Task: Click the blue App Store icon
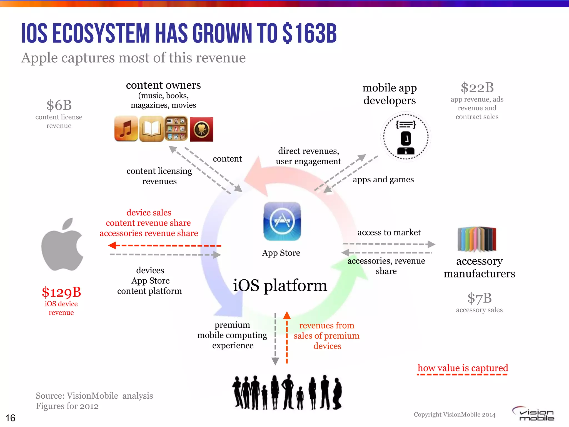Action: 282,221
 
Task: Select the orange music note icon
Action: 126,129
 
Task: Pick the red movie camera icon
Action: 201,130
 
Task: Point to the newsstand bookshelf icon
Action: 176,128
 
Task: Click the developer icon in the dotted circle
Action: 406,137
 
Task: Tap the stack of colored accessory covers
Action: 477,239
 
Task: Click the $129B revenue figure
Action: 61,292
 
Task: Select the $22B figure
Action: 477,88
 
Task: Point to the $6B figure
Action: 59,105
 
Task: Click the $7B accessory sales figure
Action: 479,298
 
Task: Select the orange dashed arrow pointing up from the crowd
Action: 287,338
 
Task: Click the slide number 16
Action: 11,418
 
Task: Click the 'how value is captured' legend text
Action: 463,368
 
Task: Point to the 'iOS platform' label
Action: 280,286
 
